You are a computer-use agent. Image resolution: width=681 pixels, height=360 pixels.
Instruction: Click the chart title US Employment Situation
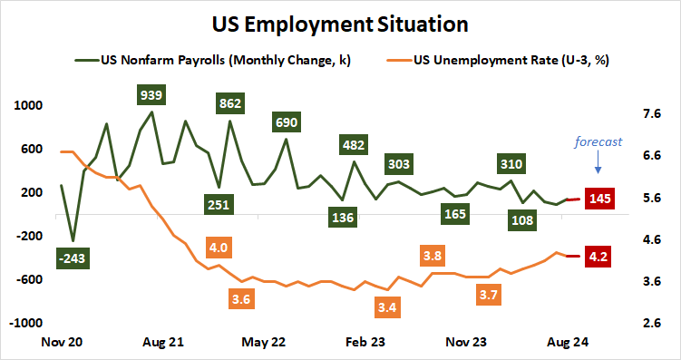[x=340, y=21]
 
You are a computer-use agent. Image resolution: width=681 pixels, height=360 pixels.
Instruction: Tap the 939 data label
[x=151, y=95]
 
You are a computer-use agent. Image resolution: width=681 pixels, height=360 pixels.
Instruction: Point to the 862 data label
[x=230, y=103]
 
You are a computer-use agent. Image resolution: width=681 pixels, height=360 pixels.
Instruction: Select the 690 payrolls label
[x=287, y=122]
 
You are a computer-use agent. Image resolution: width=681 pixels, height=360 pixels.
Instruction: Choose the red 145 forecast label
[x=599, y=199]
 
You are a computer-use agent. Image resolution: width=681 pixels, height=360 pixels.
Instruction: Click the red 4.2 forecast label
[x=599, y=257]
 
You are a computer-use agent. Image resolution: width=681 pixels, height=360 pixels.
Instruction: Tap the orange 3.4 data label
[x=387, y=308]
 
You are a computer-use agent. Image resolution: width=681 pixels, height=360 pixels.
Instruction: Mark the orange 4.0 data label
[x=218, y=248]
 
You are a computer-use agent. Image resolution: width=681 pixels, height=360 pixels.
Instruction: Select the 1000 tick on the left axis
[x=29, y=105]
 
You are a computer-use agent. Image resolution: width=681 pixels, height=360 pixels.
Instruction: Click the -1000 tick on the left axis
[x=27, y=323]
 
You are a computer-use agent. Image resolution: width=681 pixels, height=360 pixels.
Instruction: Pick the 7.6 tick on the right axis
[x=651, y=114]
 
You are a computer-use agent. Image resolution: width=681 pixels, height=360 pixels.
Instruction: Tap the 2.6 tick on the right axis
[x=651, y=323]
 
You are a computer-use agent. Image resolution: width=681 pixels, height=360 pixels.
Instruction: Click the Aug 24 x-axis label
[x=568, y=343]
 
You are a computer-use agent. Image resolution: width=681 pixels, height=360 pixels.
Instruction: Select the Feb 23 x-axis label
[x=365, y=343]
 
